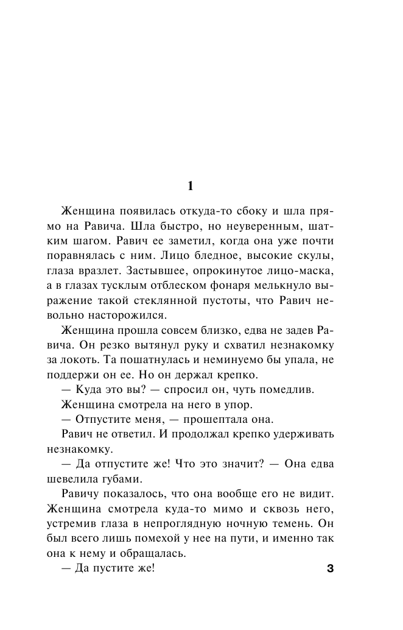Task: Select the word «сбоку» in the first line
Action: tap(239, 211)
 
